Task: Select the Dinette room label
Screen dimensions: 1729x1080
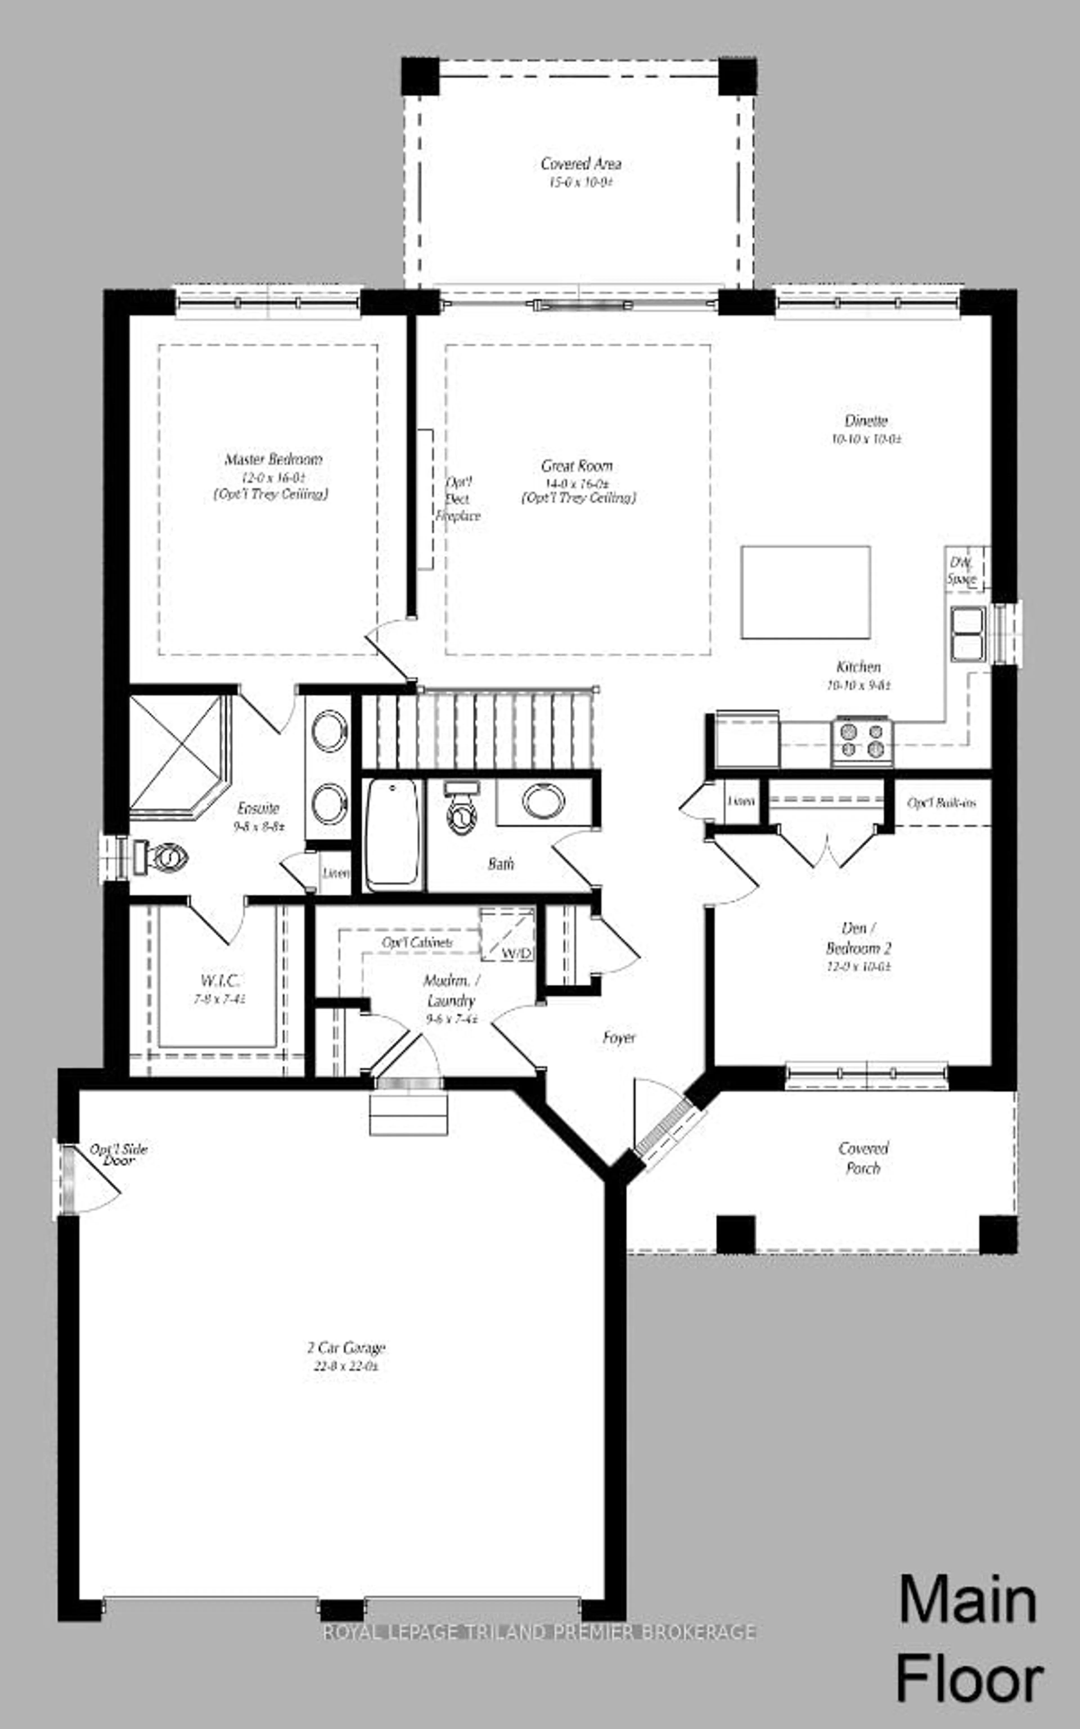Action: click(x=866, y=421)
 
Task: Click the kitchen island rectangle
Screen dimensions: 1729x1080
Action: click(x=805, y=592)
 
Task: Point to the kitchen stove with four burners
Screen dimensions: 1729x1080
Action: click(x=862, y=740)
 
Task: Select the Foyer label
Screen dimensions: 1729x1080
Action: click(x=618, y=1037)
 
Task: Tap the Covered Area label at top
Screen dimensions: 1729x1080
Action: click(x=581, y=164)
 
